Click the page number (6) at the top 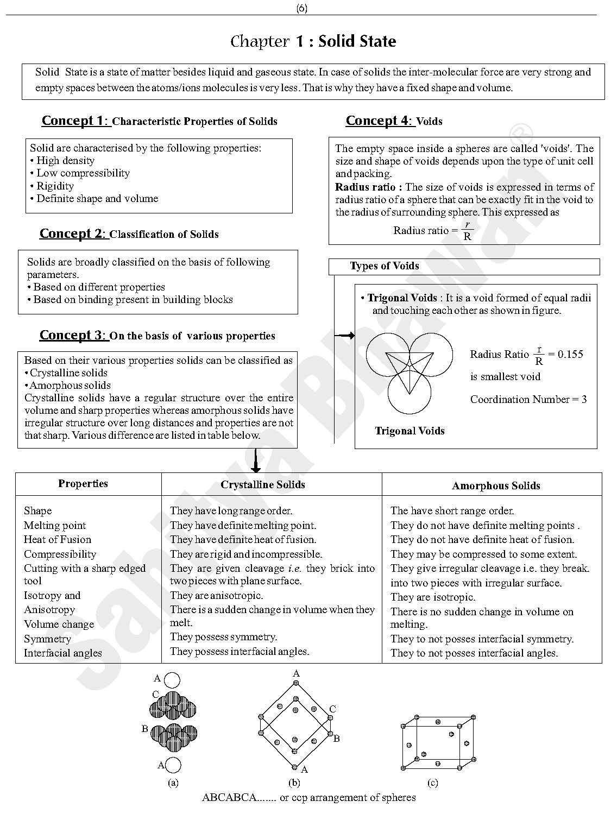click(x=302, y=8)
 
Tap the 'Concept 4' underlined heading click(x=379, y=121)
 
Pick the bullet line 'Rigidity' click(x=55, y=186)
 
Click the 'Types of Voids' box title click(x=385, y=266)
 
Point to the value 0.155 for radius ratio click(x=570, y=355)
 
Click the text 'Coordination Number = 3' click(x=528, y=400)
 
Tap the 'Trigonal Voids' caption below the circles click(x=410, y=431)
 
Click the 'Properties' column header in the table click(x=83, y=484)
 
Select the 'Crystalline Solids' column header click(x=263, y=485)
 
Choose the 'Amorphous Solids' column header click(x=496, y=486)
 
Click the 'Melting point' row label click(x=55, y=526)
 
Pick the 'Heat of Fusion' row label click(x=58, y=540)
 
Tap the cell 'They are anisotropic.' click(x=216, y=596)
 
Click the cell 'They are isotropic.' click(x=433, y=597)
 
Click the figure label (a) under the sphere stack click(x=173, y=783)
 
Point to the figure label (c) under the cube click(x=433, y=783)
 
